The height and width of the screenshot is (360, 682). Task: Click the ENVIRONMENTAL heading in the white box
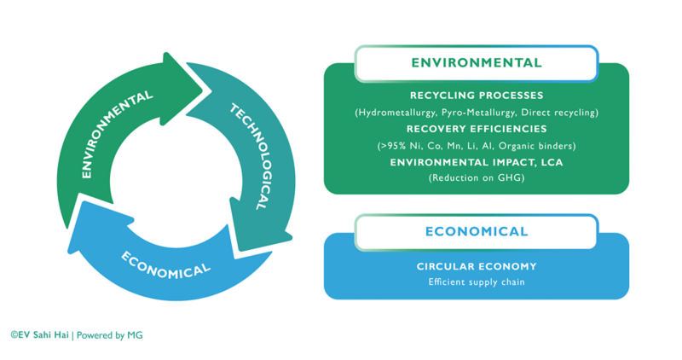tap(476, 63)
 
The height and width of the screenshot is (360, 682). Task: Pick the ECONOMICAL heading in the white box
tap(476, 231)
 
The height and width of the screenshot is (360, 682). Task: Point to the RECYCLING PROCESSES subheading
tap(477, 96)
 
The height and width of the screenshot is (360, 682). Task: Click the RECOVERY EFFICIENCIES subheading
tap(477, 129)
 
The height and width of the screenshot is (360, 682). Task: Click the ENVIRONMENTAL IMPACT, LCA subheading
tap(477, 162)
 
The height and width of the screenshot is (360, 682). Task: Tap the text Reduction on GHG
tap(477, 178)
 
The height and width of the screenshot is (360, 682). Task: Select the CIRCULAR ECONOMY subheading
tap(477, 265)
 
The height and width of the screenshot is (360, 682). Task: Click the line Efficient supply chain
tap(477, 282)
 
